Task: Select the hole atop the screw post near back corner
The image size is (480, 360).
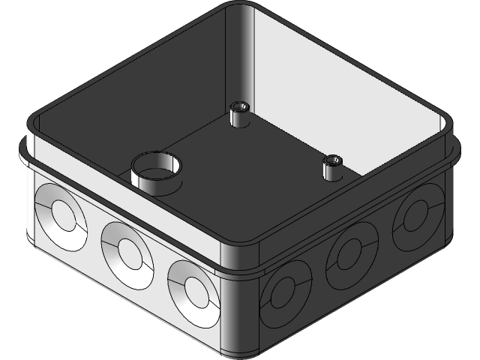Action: tap(241, 106)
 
